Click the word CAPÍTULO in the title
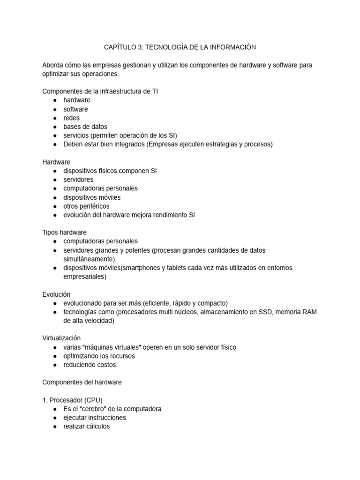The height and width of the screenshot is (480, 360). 119,47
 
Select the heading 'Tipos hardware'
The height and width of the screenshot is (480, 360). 64,232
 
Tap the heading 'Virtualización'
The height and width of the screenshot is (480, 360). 61,338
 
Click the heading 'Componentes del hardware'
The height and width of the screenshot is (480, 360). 82,382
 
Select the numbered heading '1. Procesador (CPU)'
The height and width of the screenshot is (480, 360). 72,400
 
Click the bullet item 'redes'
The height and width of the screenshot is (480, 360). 72,118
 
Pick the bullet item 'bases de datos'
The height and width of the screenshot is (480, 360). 85,127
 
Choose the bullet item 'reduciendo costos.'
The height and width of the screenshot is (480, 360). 91,365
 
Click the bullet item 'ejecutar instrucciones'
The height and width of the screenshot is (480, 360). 95,418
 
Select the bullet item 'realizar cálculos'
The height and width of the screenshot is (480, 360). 87,427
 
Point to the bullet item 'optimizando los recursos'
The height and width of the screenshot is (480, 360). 99,356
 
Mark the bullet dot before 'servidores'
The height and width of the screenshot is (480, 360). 55,180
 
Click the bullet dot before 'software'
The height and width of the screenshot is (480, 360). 55,109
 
